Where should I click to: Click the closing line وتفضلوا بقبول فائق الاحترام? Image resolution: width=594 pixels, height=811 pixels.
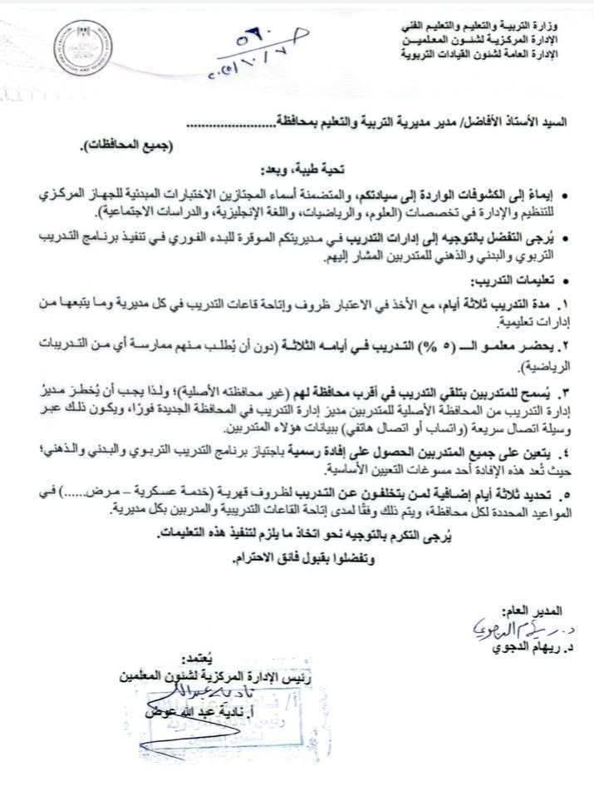point(300,561)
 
